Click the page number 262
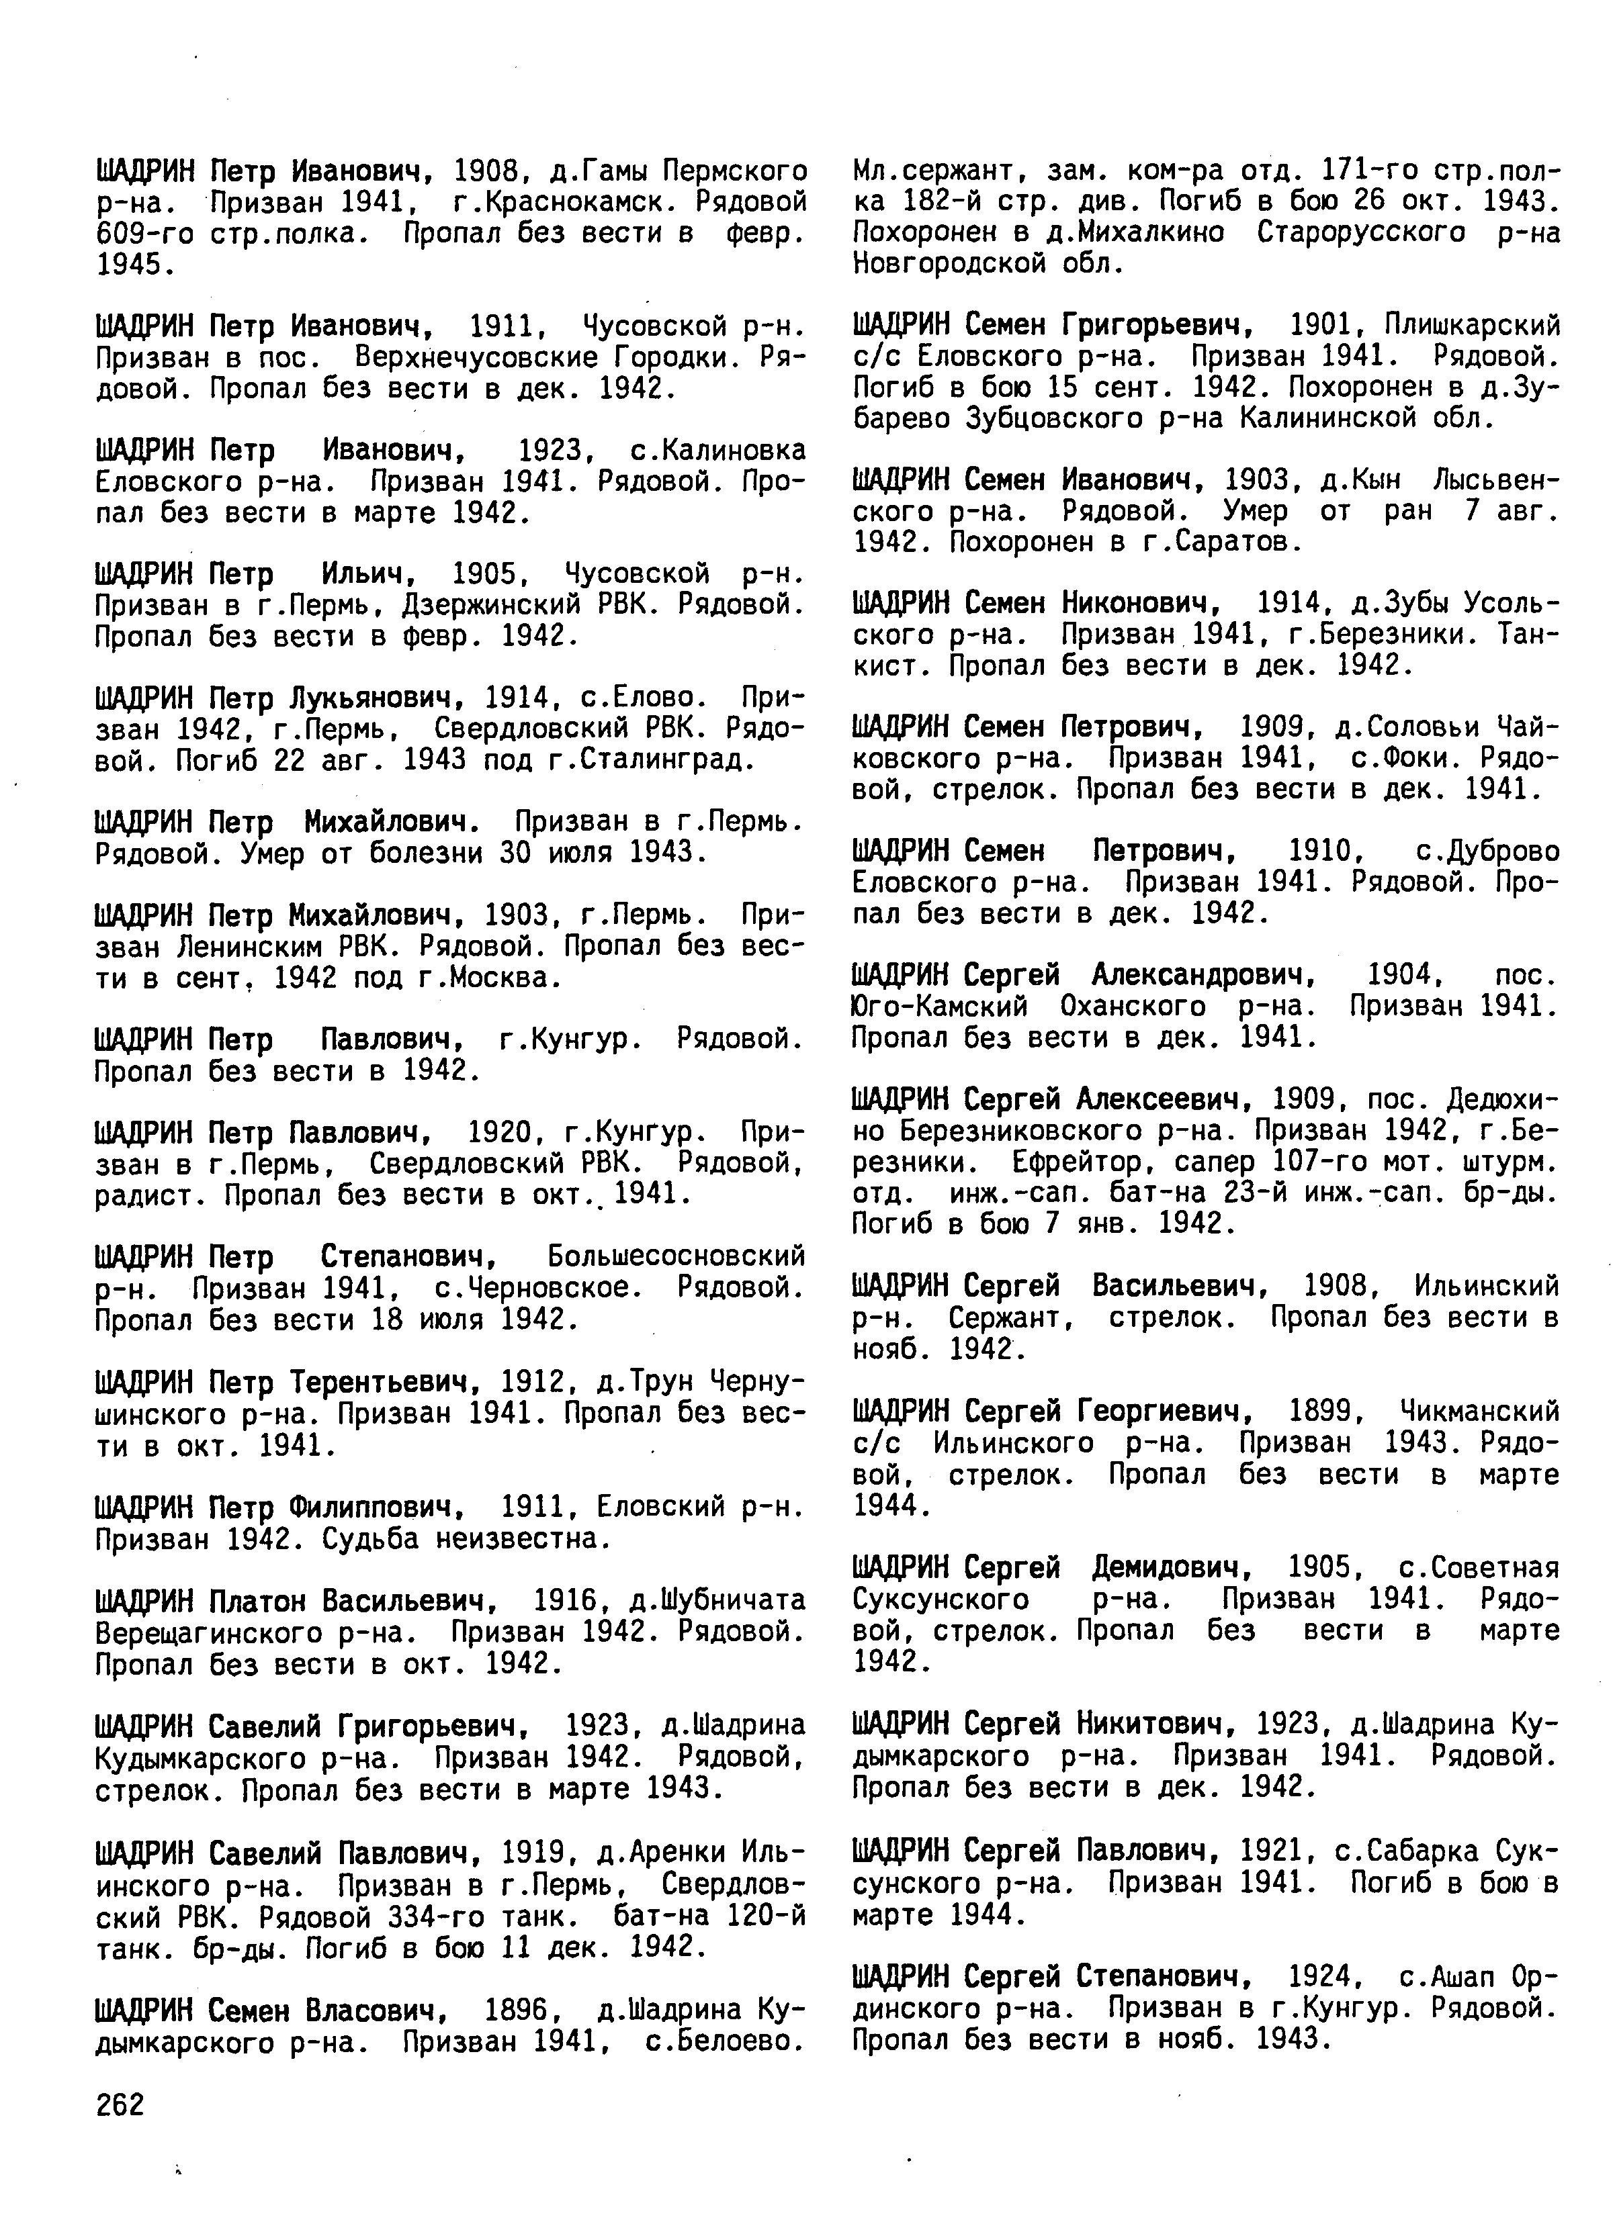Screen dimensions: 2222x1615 tap(120, 2103)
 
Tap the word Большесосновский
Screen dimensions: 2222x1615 tap(676, 1256)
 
